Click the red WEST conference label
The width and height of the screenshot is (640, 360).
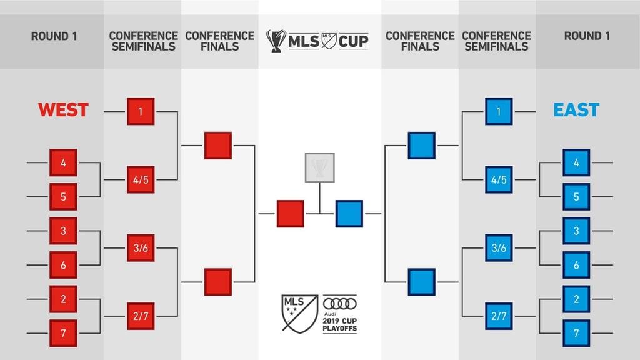point(63,110)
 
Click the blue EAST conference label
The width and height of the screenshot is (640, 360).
point(576,110)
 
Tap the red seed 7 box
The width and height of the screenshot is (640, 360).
point(63,333)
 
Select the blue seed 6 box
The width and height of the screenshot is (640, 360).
point(576,265)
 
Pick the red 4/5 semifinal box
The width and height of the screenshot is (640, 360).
point(141,179)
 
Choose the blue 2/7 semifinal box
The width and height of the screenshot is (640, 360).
point(499,316)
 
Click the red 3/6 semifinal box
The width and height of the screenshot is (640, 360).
point(141,247)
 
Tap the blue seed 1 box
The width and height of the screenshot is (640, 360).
point(499,111)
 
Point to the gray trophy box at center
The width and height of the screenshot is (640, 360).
point(319,167)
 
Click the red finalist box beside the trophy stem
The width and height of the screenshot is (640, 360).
point(290,214)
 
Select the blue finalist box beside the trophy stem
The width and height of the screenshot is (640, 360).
point(349,214)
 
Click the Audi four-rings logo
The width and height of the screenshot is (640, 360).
point(339,304)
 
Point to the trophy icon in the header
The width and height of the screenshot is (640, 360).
point(276,41)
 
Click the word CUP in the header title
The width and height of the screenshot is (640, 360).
point(354,41)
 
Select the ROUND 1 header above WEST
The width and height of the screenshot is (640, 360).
point(54,36)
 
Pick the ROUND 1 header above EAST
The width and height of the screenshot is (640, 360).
point(587,36)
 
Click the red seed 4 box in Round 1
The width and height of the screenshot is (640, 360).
point(63,162)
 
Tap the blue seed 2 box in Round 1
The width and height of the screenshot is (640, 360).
point(576,299)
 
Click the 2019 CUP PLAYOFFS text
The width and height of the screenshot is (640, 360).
point(339,324)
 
